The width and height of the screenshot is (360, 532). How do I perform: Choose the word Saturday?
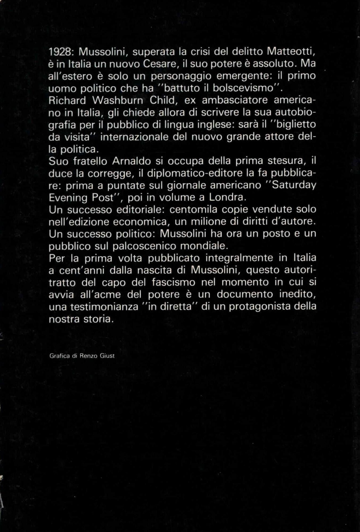(294, 185)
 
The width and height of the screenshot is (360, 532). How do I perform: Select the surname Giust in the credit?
(107, 356)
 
